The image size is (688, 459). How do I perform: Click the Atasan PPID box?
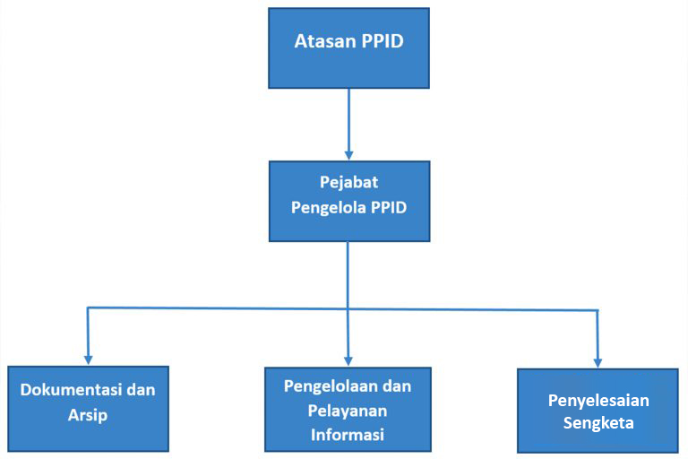348,48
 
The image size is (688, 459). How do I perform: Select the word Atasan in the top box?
324,41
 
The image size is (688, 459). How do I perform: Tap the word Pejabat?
348,182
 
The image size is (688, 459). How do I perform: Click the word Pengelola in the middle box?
329,207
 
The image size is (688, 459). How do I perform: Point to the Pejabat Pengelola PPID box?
349,201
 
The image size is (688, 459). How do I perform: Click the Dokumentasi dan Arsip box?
88,409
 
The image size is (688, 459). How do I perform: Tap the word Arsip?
88,415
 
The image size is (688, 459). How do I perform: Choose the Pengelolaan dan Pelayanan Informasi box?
348,410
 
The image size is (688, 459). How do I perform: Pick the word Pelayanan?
348,411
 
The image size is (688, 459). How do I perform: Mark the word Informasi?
348,435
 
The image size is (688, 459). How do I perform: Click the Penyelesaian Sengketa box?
598,411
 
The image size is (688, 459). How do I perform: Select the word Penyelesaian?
598,401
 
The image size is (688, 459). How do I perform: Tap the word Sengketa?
598,423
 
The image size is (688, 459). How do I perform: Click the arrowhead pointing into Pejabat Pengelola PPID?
348,156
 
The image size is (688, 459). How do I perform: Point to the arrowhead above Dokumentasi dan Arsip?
88,360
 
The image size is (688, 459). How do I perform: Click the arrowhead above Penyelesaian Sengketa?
598,363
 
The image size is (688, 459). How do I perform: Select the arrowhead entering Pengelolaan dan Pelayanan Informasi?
348,362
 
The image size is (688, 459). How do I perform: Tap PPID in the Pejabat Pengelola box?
389,207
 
